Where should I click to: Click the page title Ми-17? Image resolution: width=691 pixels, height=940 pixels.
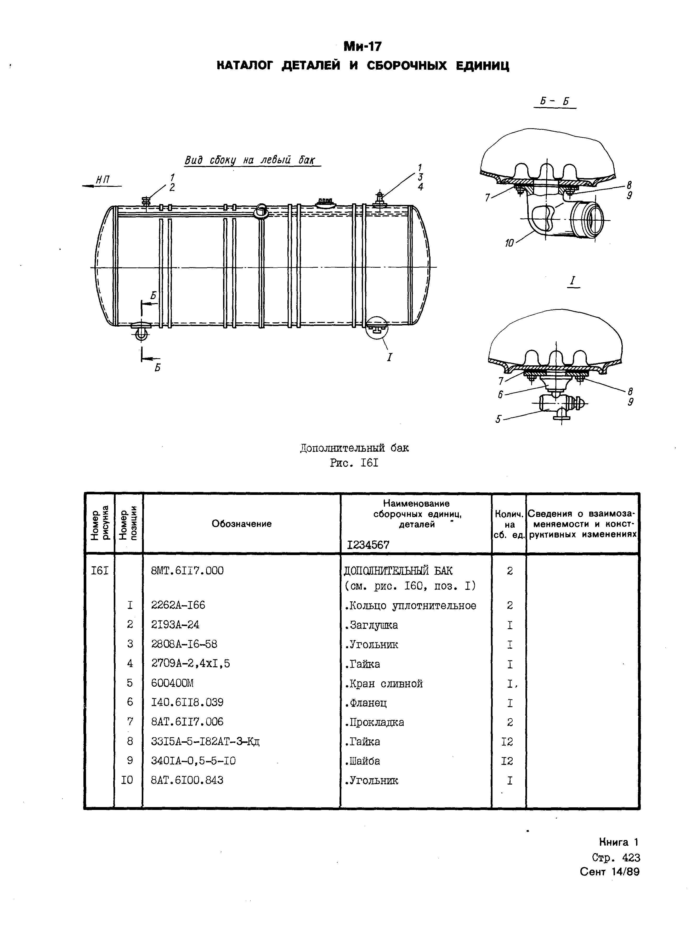coord(362,46)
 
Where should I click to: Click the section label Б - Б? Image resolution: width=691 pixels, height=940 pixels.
coord(555,102)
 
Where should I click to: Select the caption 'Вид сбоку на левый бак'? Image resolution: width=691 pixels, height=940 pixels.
coord(250,160)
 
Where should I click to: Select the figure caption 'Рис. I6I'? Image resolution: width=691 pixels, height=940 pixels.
coord(354,463)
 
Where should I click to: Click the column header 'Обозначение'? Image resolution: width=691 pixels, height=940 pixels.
coord(241,524)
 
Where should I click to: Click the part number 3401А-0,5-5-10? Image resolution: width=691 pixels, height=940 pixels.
coord(193,761)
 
